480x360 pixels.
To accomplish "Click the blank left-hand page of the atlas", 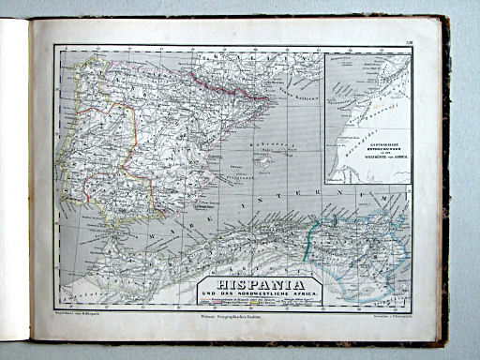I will click(x=13, y=178).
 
